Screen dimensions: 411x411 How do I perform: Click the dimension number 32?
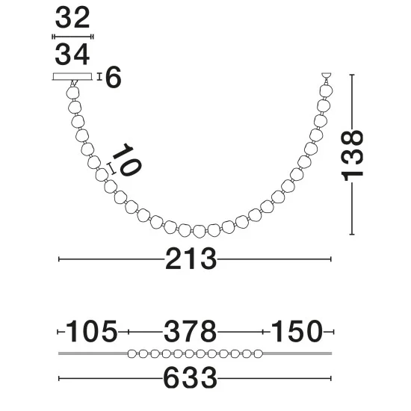pyautogui.click(x=72, y=18)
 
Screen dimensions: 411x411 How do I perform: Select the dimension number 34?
pyautogui.click(x=72, y=55)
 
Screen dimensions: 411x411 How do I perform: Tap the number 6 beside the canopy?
pyautogui.click(x=114, y=77)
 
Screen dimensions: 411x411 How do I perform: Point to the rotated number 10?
pyautogui.click(x=127, y=160)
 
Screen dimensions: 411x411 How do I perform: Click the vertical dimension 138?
pyautogui.click(x=352, y=155)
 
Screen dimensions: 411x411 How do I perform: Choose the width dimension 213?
pyautogui.click(x=191, y=259)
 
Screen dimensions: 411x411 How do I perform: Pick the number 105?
pyautogui.click(x=91, y=332)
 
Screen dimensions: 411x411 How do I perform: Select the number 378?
pyautogui.click(x=190, y=332)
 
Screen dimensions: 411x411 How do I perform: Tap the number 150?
pyautogui.click(x=296, y=332)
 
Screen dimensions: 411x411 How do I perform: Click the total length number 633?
pyautogui.click(x=190, y=378)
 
